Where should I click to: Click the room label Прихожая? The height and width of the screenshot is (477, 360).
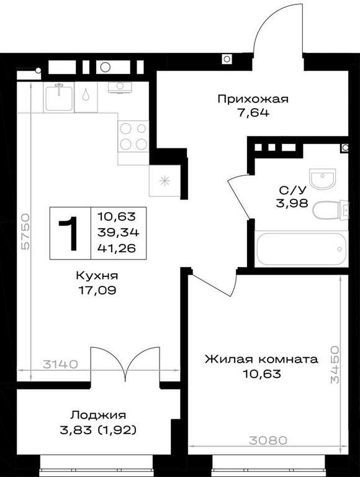[253, 99]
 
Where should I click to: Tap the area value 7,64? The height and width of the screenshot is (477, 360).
[253, 113]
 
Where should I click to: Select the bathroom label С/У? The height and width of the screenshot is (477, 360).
[292, 190]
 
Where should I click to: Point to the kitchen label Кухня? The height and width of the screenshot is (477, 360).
[97, 276]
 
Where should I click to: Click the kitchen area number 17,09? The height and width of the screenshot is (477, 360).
[97, 290]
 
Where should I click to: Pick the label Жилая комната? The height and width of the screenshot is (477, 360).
[261, 359]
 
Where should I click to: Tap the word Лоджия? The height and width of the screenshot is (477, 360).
[98, 416]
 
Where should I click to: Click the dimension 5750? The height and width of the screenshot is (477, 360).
[25, 232]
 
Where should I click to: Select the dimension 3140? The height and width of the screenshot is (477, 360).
[60, 364]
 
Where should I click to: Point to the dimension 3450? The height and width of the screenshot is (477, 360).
[335, 364]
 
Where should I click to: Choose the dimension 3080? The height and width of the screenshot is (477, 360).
[268, 440]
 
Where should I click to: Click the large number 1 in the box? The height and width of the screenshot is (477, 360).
[70, 234]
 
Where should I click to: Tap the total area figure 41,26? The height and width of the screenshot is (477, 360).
[117, 248]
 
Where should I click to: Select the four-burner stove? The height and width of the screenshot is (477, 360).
[133, 136]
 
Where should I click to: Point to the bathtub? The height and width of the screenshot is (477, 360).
[301, 249]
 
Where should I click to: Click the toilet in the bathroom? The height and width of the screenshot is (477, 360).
[330, 209]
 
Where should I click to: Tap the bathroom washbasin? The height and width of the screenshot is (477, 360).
[322, 179]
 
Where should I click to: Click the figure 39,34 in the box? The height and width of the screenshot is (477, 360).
[119, 233]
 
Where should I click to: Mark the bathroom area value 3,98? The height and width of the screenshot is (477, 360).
[292, 203]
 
